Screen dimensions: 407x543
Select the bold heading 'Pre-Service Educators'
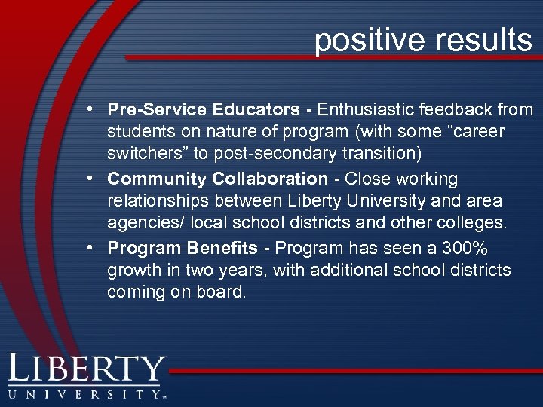coord(204,110)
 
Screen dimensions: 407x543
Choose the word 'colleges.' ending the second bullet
coord(474,224)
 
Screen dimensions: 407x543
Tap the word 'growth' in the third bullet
coord(133,270)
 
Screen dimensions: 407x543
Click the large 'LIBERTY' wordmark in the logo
coord(87,370)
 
